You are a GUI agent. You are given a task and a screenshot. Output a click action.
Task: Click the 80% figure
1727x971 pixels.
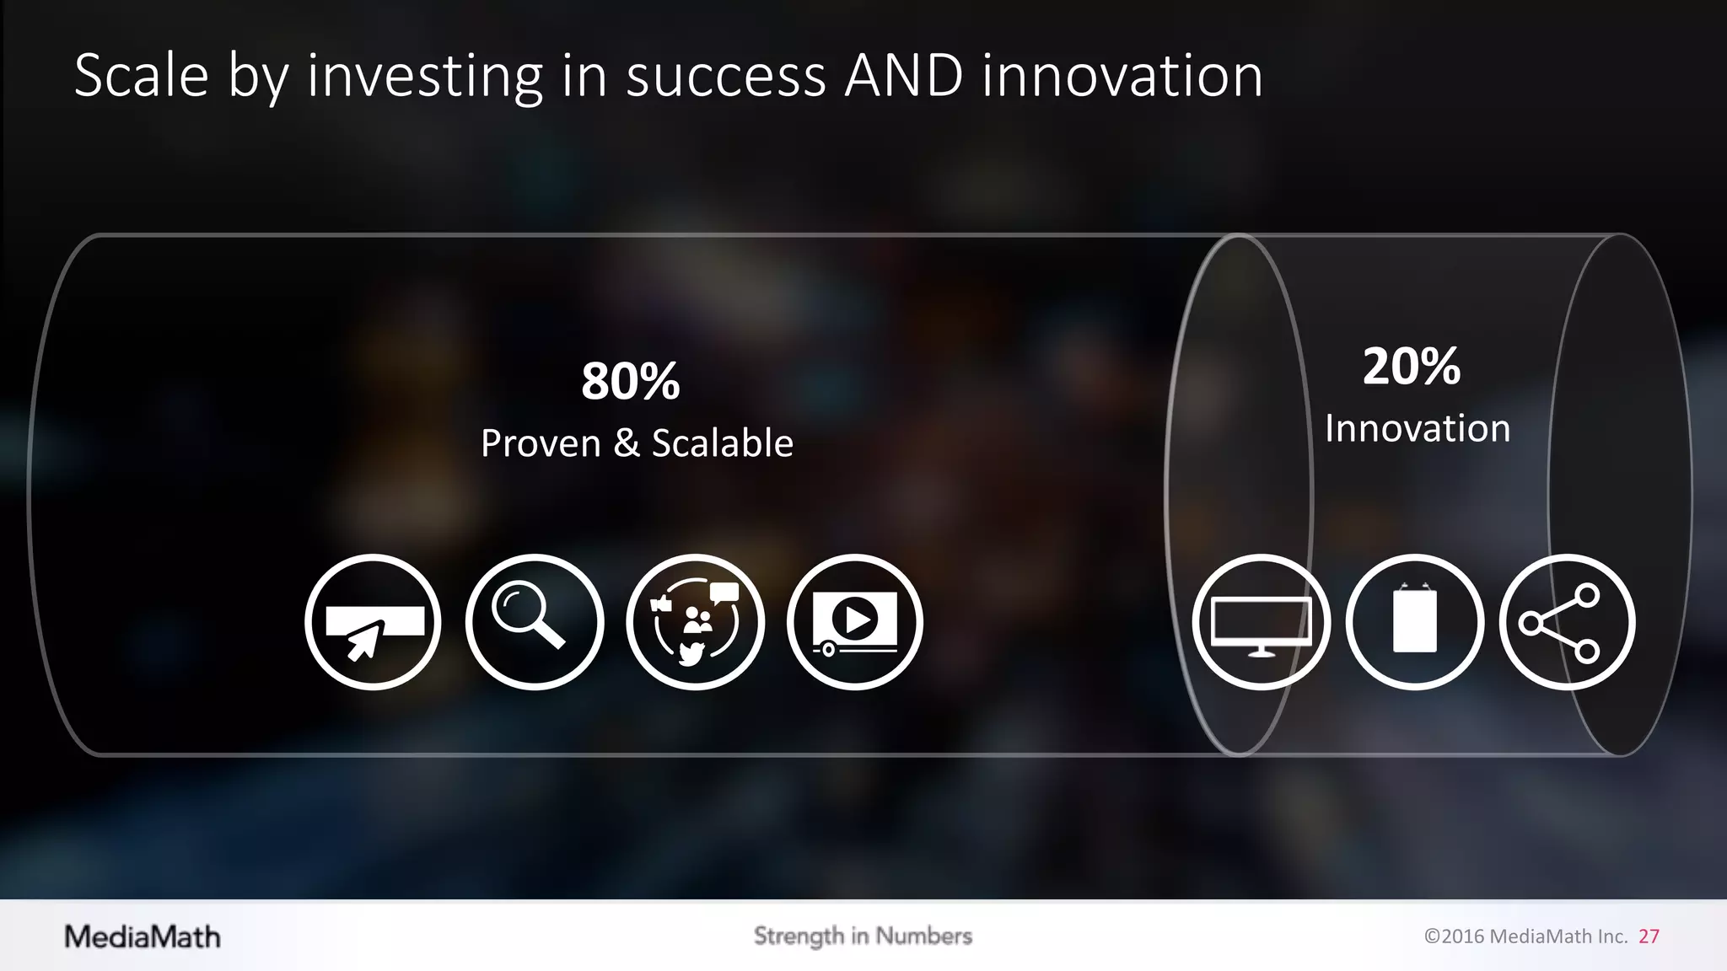(630, 381)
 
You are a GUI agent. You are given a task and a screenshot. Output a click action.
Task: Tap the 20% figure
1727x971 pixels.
(1411, 367)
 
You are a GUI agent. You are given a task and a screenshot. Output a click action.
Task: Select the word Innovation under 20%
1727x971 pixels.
(1417, 428)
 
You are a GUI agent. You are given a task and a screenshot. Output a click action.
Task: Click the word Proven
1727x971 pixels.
(541, 443)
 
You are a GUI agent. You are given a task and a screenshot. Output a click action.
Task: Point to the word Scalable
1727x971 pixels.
(722, 443)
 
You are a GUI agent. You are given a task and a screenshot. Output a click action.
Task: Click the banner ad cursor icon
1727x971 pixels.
(373, 623)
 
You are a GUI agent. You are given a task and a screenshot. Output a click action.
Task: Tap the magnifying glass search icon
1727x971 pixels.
(534, 623)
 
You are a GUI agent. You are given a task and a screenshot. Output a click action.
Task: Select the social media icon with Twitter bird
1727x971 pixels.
(695, 623)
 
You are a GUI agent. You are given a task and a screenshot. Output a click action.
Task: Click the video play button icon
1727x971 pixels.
(855, 623)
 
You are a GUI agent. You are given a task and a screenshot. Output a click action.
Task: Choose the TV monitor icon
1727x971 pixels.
(1261, 623)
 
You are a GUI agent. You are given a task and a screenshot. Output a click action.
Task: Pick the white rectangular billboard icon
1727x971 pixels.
(1414, 623)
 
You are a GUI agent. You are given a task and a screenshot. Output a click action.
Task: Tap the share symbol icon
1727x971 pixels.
(1567, 623)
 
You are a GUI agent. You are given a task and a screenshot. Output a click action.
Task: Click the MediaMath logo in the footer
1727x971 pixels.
(143, 936)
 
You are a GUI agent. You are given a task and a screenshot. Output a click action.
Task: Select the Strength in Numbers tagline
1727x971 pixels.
(863, 936)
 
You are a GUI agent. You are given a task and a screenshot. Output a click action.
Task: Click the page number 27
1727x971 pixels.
(1649, 936)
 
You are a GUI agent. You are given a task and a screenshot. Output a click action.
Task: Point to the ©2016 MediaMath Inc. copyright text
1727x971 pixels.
(1525, 936)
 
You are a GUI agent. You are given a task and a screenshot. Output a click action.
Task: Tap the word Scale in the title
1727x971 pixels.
(141, 76)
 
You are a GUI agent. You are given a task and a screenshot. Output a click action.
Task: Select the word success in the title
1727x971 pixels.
(725, 76)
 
